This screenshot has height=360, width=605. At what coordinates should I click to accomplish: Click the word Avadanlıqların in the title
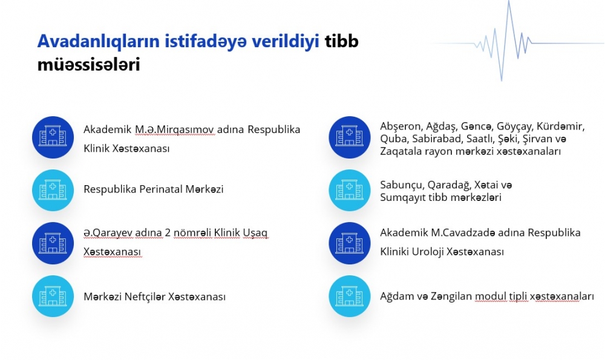(99, 42)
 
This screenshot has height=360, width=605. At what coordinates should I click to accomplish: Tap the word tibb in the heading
(341, 41)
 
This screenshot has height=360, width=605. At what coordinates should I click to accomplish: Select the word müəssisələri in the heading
(88, 65)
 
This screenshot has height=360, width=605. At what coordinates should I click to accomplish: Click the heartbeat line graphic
(517, 41)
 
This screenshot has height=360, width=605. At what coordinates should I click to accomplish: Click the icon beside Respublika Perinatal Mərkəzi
(53, 190)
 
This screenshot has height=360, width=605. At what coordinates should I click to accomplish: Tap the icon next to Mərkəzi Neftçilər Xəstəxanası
(53, 296)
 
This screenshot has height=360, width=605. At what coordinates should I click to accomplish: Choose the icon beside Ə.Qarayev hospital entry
(53, 243)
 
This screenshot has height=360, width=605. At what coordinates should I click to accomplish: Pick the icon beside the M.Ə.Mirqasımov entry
(53, 137)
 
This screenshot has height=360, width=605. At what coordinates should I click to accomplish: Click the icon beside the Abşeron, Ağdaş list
(350, 137)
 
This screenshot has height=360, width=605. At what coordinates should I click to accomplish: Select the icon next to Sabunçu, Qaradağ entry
(350, 190)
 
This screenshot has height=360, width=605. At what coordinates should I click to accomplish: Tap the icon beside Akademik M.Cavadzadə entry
(350, 243)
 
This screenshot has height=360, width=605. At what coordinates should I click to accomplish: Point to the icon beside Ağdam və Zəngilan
(350, 296)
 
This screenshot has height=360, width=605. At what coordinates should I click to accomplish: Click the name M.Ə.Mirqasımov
(174, 129)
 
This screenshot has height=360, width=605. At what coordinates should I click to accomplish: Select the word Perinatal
(160, 189)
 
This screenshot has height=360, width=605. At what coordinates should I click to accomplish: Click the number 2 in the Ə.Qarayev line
(168, 233)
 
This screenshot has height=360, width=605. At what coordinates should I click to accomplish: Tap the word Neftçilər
(145, 296)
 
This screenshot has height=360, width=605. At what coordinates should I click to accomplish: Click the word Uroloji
(427, 252)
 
